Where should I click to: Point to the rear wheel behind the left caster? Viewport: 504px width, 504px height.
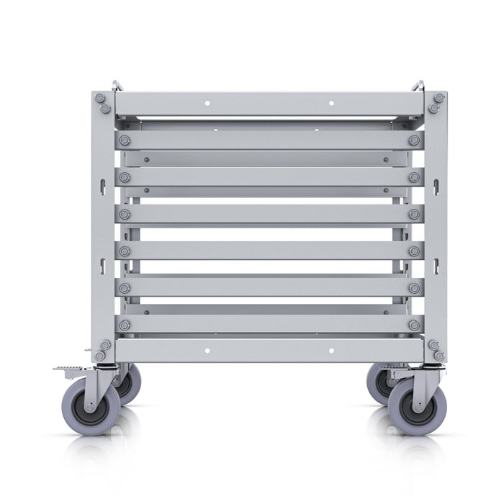click(x=130, y=385)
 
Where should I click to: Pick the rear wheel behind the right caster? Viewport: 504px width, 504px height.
click(x=378, y=385)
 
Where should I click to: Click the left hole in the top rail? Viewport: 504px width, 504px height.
click(x=207, y=103)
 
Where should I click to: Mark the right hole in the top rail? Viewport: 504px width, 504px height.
click(x=331, y=103)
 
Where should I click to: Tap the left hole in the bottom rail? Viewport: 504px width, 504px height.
click(x=207, y=351)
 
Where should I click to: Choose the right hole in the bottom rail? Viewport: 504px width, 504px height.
click(x=331, y=351)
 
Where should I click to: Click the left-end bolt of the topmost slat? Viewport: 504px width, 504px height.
click(x=125, y=140)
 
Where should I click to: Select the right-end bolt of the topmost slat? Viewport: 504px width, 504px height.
click(x=414, y=140)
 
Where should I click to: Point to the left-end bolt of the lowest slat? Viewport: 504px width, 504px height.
click(x=125, y=325)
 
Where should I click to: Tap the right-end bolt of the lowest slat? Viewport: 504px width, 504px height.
click(x=414, y=325)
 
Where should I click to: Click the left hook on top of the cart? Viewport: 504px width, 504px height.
click(x=117, y=86)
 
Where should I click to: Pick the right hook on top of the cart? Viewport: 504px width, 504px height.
click(x=418, y=86)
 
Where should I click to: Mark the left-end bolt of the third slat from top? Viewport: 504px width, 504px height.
click(x=125, y=214)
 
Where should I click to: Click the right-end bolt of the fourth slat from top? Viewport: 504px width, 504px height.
click(x=414, y=251)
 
